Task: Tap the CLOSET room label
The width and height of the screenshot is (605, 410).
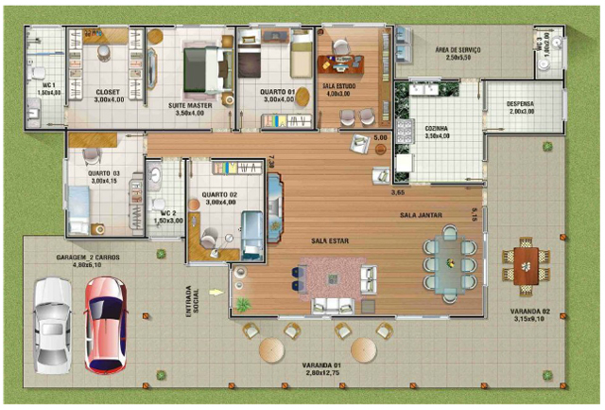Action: pyautogui.click(x=108, y=93)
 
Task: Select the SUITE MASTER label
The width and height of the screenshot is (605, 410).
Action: pyautogui.click(x=190, y=106)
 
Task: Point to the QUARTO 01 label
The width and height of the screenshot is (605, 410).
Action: pyautogui.click(x=278, y=93)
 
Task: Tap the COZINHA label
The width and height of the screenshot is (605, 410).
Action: pyautogui.click(x=437, y=129)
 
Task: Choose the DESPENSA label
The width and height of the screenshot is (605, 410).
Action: pyautogui.click(x=521, y=104)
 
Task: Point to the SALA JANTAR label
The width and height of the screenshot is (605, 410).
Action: pyautogui.click(x=420, y=216)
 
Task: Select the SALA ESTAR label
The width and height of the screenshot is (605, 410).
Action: pyautogui.click(x=330, y=241)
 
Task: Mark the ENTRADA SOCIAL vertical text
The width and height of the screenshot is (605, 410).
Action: pyautogui.click(x=190, y=300)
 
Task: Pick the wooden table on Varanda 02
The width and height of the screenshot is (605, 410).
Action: pyautogui.click(x=526, y=260)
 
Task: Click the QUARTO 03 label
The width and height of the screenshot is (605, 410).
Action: pyautogui.click(x=104, y=174)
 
